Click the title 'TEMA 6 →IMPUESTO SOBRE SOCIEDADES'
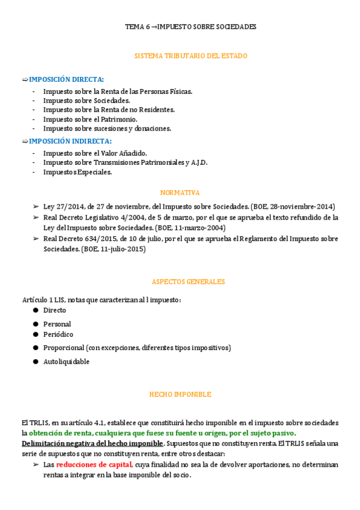point(191,27)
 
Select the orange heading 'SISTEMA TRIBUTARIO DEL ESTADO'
point(191,56)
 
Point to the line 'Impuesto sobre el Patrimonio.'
point(90,119)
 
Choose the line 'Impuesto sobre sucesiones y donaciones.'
point(107,128)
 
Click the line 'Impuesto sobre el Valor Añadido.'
point(95,153)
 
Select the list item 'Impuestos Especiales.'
point(78,172)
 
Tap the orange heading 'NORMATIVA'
point(180,193)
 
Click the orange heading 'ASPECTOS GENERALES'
point(180,281)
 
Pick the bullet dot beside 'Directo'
point(36,310)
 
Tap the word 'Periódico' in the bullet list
point(58,334)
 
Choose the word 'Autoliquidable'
point(66,361)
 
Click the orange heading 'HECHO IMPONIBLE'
point(180,395)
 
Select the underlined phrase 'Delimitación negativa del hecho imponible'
point(92,443)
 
